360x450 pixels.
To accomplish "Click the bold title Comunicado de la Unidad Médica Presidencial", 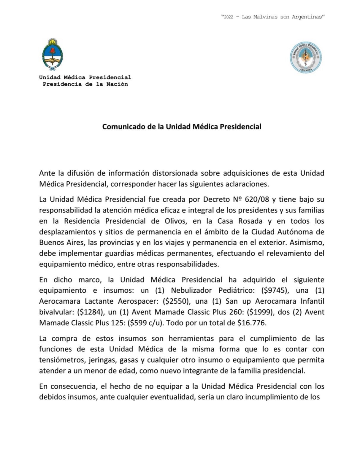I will click(182, 127).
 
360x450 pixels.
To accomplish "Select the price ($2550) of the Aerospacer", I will click(176, 301).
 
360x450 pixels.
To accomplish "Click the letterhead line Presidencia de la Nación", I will click(85, 84).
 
